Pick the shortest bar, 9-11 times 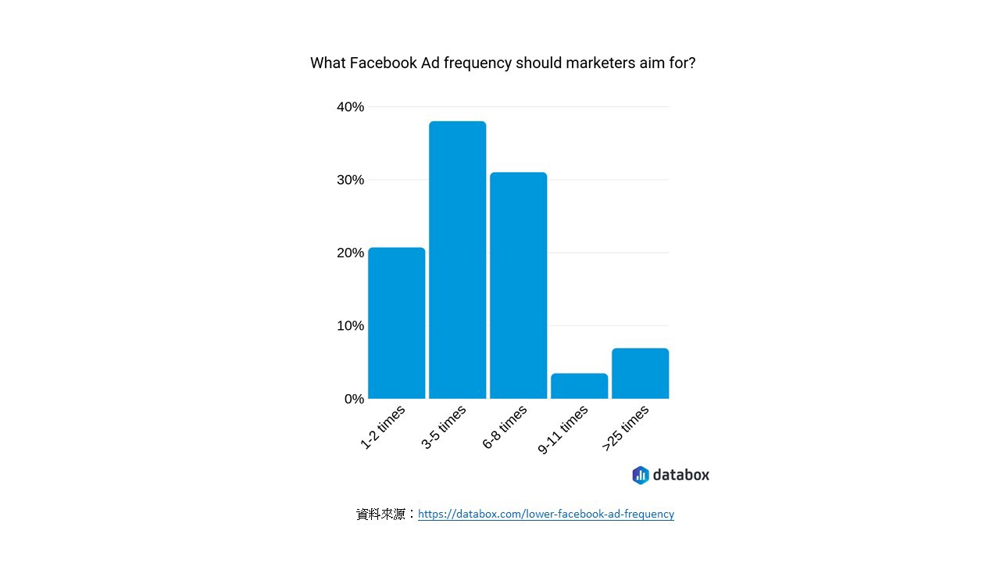tap(579, 386)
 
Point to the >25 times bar tap(640, 374)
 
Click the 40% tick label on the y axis tap(350, 107)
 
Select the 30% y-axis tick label tap(350, 180)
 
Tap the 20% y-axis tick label tap(350, 253)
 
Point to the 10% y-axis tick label tap(350, 326)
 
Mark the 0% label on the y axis tap(354, 399)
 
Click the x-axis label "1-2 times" tap(383, 428)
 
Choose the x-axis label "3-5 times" tap(444, 428)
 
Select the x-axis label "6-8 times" tap(505, 428)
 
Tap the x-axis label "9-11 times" tap(562, 431)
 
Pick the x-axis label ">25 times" tap(626, 429)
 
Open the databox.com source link tap(545, 514)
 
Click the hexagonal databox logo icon tap(641, 475)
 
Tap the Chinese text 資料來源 tap(380, 514)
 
